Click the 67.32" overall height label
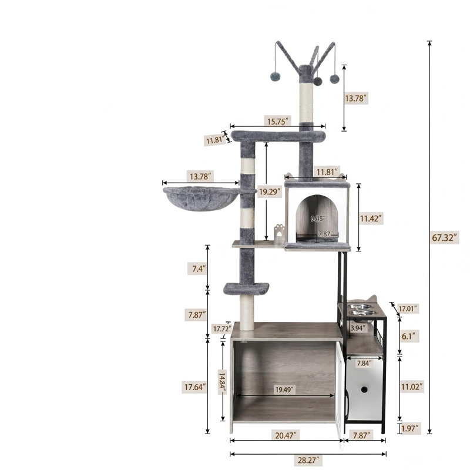click(445, 238)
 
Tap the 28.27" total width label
click(308, 460)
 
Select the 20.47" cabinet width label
click(286, 435)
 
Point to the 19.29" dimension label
click(270, 192)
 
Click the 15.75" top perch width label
click(277, 121)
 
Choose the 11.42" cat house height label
click(371, 218)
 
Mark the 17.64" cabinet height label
click(195, 387)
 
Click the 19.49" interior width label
click(284, 390)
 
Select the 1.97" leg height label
click(409, 428)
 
